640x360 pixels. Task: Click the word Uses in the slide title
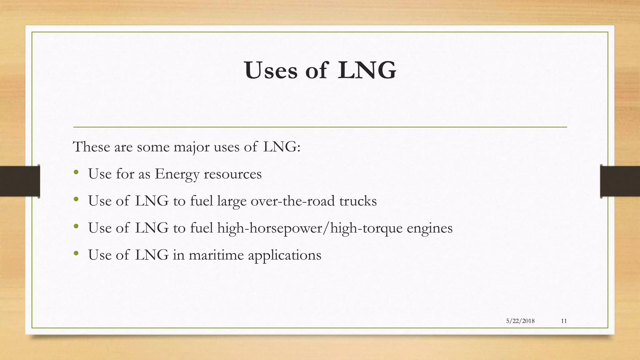click(271, 71)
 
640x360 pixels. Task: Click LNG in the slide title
click(367, 71)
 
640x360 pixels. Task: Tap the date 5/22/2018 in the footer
click(520, 321)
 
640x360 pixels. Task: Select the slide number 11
click(564, 321)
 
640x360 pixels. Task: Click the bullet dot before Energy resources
click(76, 173)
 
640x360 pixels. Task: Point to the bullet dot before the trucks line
click(76, 200)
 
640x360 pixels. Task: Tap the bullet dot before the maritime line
click(76, 254)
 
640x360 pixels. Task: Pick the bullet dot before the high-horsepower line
click(76, 227)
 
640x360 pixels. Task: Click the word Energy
click(177, 174)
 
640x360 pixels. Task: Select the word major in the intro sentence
click(191, 147)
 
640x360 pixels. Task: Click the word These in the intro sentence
click(91, 147)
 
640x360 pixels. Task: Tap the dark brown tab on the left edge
click(20, 181)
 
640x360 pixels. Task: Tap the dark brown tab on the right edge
click(620, 181)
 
